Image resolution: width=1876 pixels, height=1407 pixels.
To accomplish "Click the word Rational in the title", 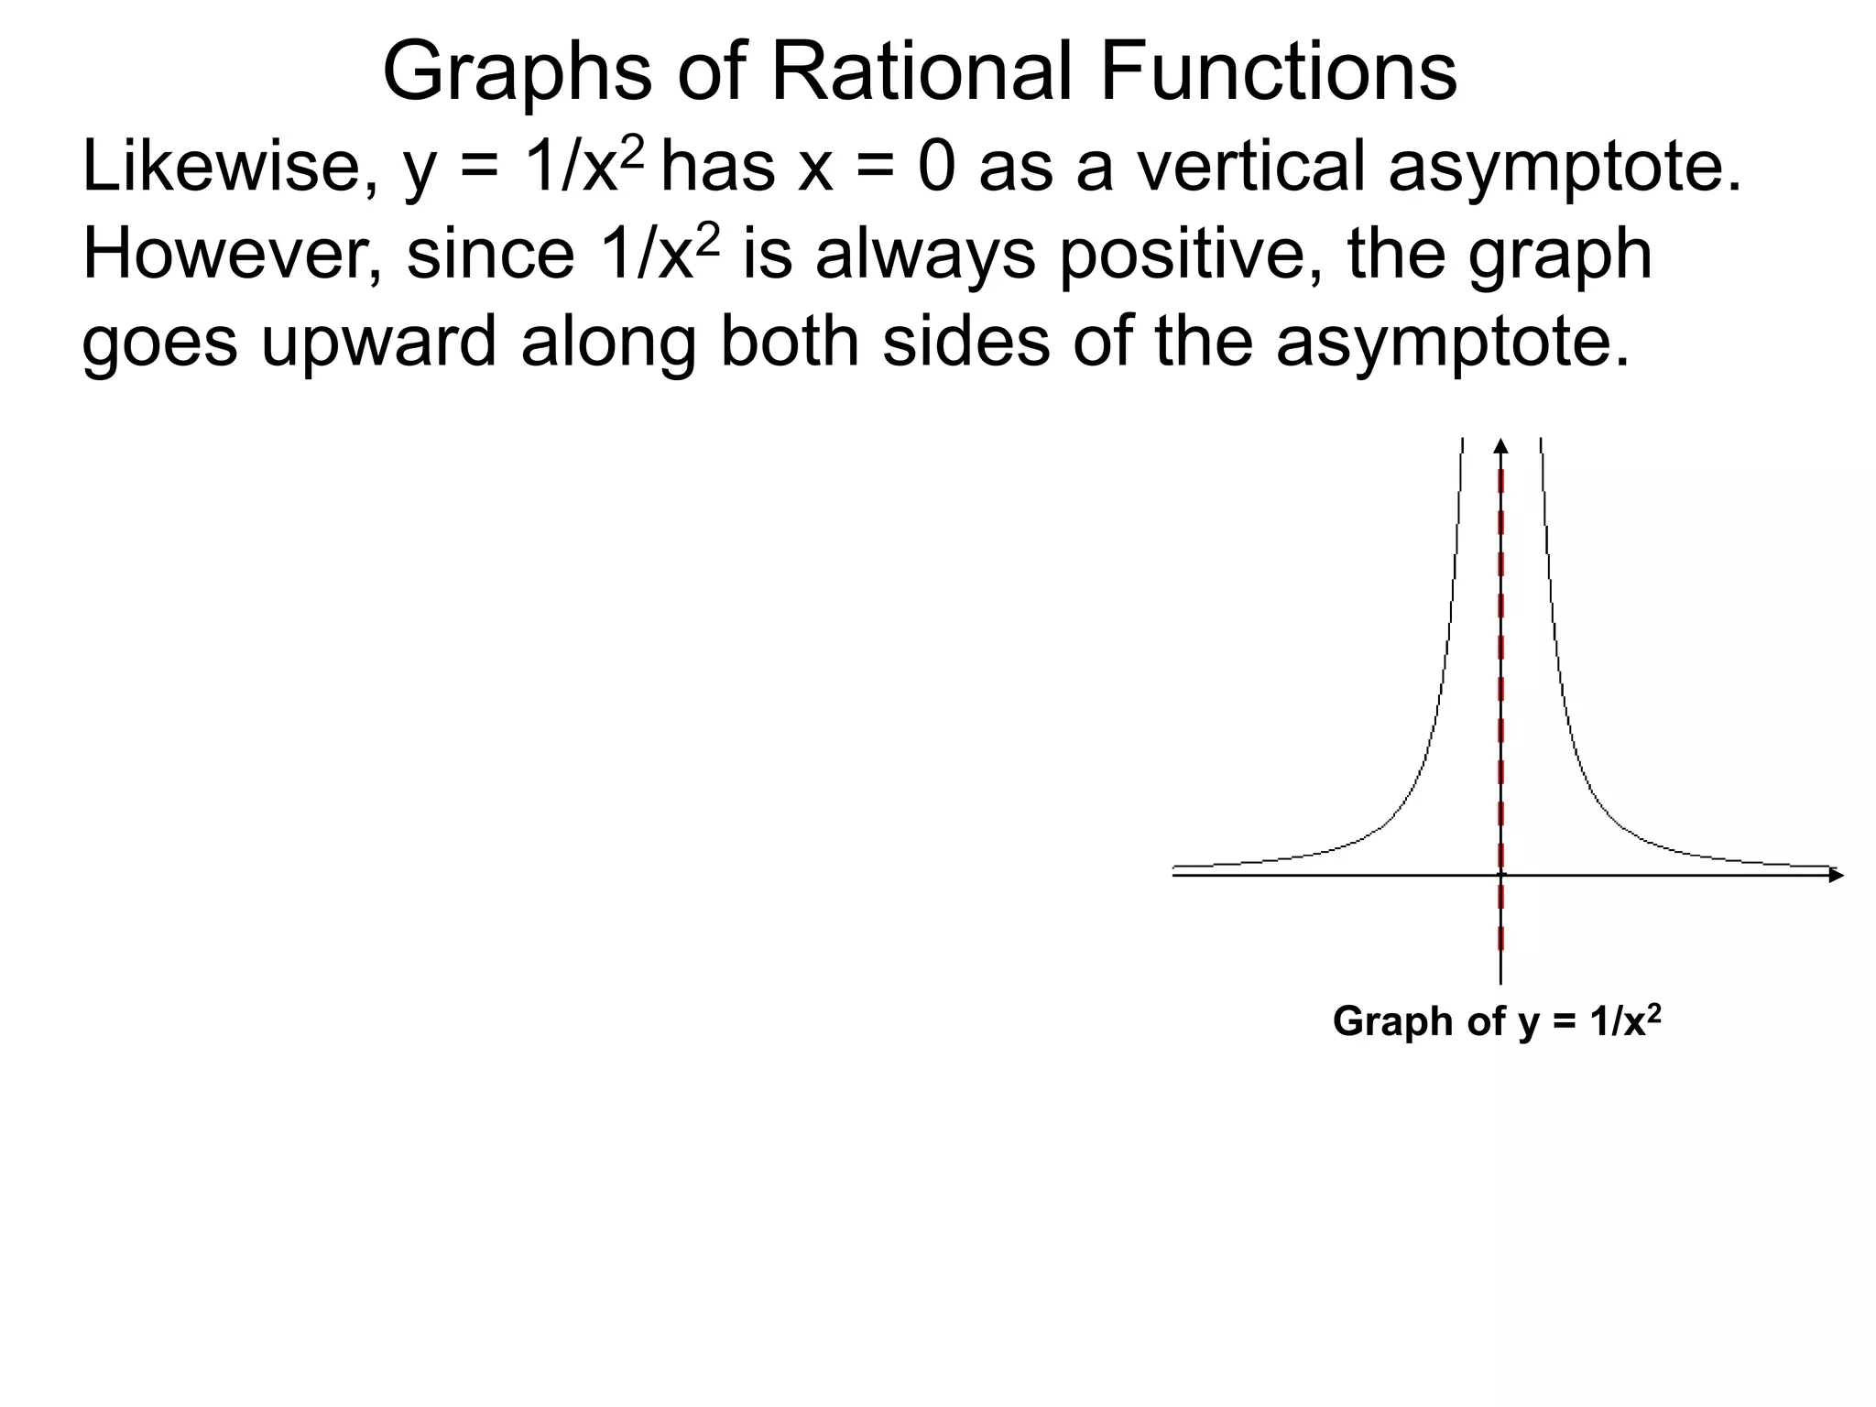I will coord(920,72).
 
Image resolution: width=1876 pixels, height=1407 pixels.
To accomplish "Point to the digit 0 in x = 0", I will coord(936,169).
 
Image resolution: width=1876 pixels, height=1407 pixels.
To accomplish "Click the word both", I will coord(790,342).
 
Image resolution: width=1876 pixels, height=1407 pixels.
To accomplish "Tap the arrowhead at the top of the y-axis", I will coord(1500,446).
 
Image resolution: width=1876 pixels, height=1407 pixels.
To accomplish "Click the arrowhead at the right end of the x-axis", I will coord(1836,875).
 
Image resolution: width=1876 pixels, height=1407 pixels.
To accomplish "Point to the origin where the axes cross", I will coord(1500,875).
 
